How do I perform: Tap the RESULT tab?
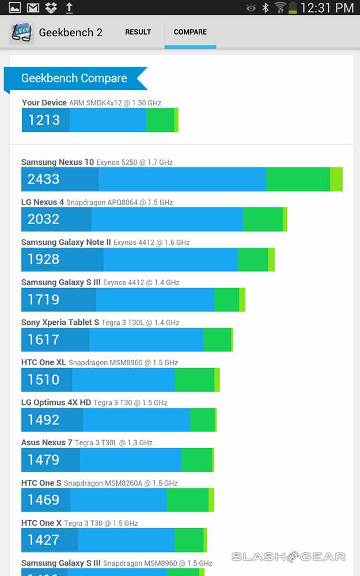138,32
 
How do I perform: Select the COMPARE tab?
190,32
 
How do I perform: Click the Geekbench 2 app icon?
22,33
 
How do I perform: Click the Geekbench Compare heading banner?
74,78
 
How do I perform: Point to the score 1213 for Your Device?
44,120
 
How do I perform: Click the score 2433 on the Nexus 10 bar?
44,179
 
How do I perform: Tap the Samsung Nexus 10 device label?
58,162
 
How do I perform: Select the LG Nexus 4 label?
43,202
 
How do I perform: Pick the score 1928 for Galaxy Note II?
44,259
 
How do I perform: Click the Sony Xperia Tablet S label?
60,323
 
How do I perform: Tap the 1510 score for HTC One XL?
44,380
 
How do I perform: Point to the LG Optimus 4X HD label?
56,403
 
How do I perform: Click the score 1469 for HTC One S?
44,500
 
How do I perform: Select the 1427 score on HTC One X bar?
44,540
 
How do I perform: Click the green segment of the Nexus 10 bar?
298,179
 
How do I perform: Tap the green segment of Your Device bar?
160,120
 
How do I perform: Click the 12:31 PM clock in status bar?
327,7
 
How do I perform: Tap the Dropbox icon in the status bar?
51,7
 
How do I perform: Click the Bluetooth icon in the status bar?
266,7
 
